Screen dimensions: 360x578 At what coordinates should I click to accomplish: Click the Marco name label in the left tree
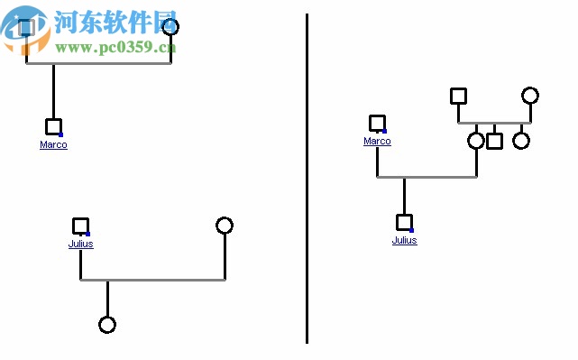(53, 145)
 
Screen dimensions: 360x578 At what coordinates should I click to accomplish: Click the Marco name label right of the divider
(377, 142)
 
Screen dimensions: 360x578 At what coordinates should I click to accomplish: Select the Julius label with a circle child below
(80, 244)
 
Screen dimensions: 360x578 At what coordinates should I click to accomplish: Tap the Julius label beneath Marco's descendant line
(404, 241)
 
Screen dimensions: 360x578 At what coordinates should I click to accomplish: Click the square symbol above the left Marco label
(53, 127)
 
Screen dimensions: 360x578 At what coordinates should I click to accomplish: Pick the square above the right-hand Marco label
(377, 123)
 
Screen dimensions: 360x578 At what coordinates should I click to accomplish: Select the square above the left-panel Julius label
(80, 226)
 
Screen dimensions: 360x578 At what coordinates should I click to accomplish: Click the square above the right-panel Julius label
(404, 222)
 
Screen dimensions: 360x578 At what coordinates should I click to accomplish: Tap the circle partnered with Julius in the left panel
(225, 226)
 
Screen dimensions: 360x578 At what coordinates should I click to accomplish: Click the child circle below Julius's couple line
(107, 325)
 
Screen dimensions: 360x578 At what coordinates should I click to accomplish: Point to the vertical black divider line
(307, 180)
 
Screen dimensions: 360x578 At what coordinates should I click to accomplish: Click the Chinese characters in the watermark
(113, 22)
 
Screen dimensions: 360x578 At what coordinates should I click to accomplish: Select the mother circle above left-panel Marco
(170, 27)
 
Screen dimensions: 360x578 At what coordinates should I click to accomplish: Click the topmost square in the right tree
(458, 96)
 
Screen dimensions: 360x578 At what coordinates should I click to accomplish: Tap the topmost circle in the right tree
(530, 96)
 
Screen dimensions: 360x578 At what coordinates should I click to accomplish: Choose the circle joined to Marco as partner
(476, 141)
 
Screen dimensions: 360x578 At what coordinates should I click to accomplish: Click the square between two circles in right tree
(494, 141)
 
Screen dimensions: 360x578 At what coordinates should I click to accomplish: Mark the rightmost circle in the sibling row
(521, 141)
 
